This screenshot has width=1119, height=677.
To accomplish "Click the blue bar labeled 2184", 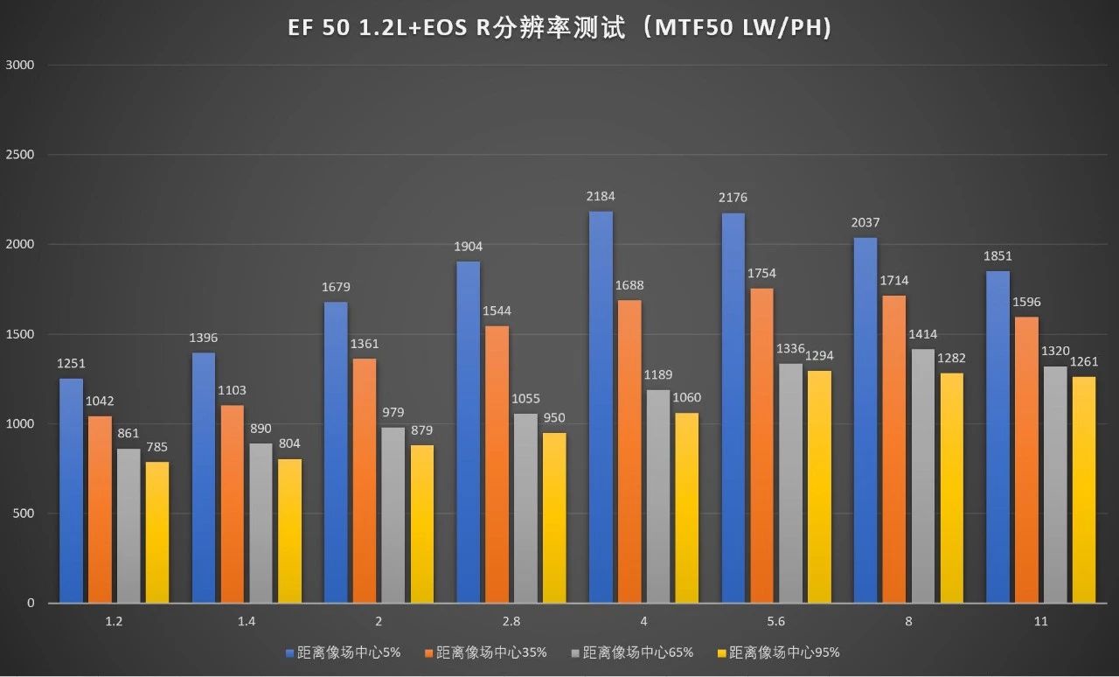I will [x=601, y=407].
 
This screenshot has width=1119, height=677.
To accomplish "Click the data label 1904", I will [x=468, y=247].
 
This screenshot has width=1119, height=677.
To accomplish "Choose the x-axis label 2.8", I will [x=511, y=622].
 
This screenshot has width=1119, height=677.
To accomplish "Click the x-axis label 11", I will [x=1040, y=622].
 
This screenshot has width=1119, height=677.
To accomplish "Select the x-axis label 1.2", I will [x=115, y=622].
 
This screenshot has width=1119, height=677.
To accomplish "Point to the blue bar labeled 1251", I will [x=72, y=490].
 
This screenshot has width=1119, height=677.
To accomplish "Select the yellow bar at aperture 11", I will [x=1083, y=489].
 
